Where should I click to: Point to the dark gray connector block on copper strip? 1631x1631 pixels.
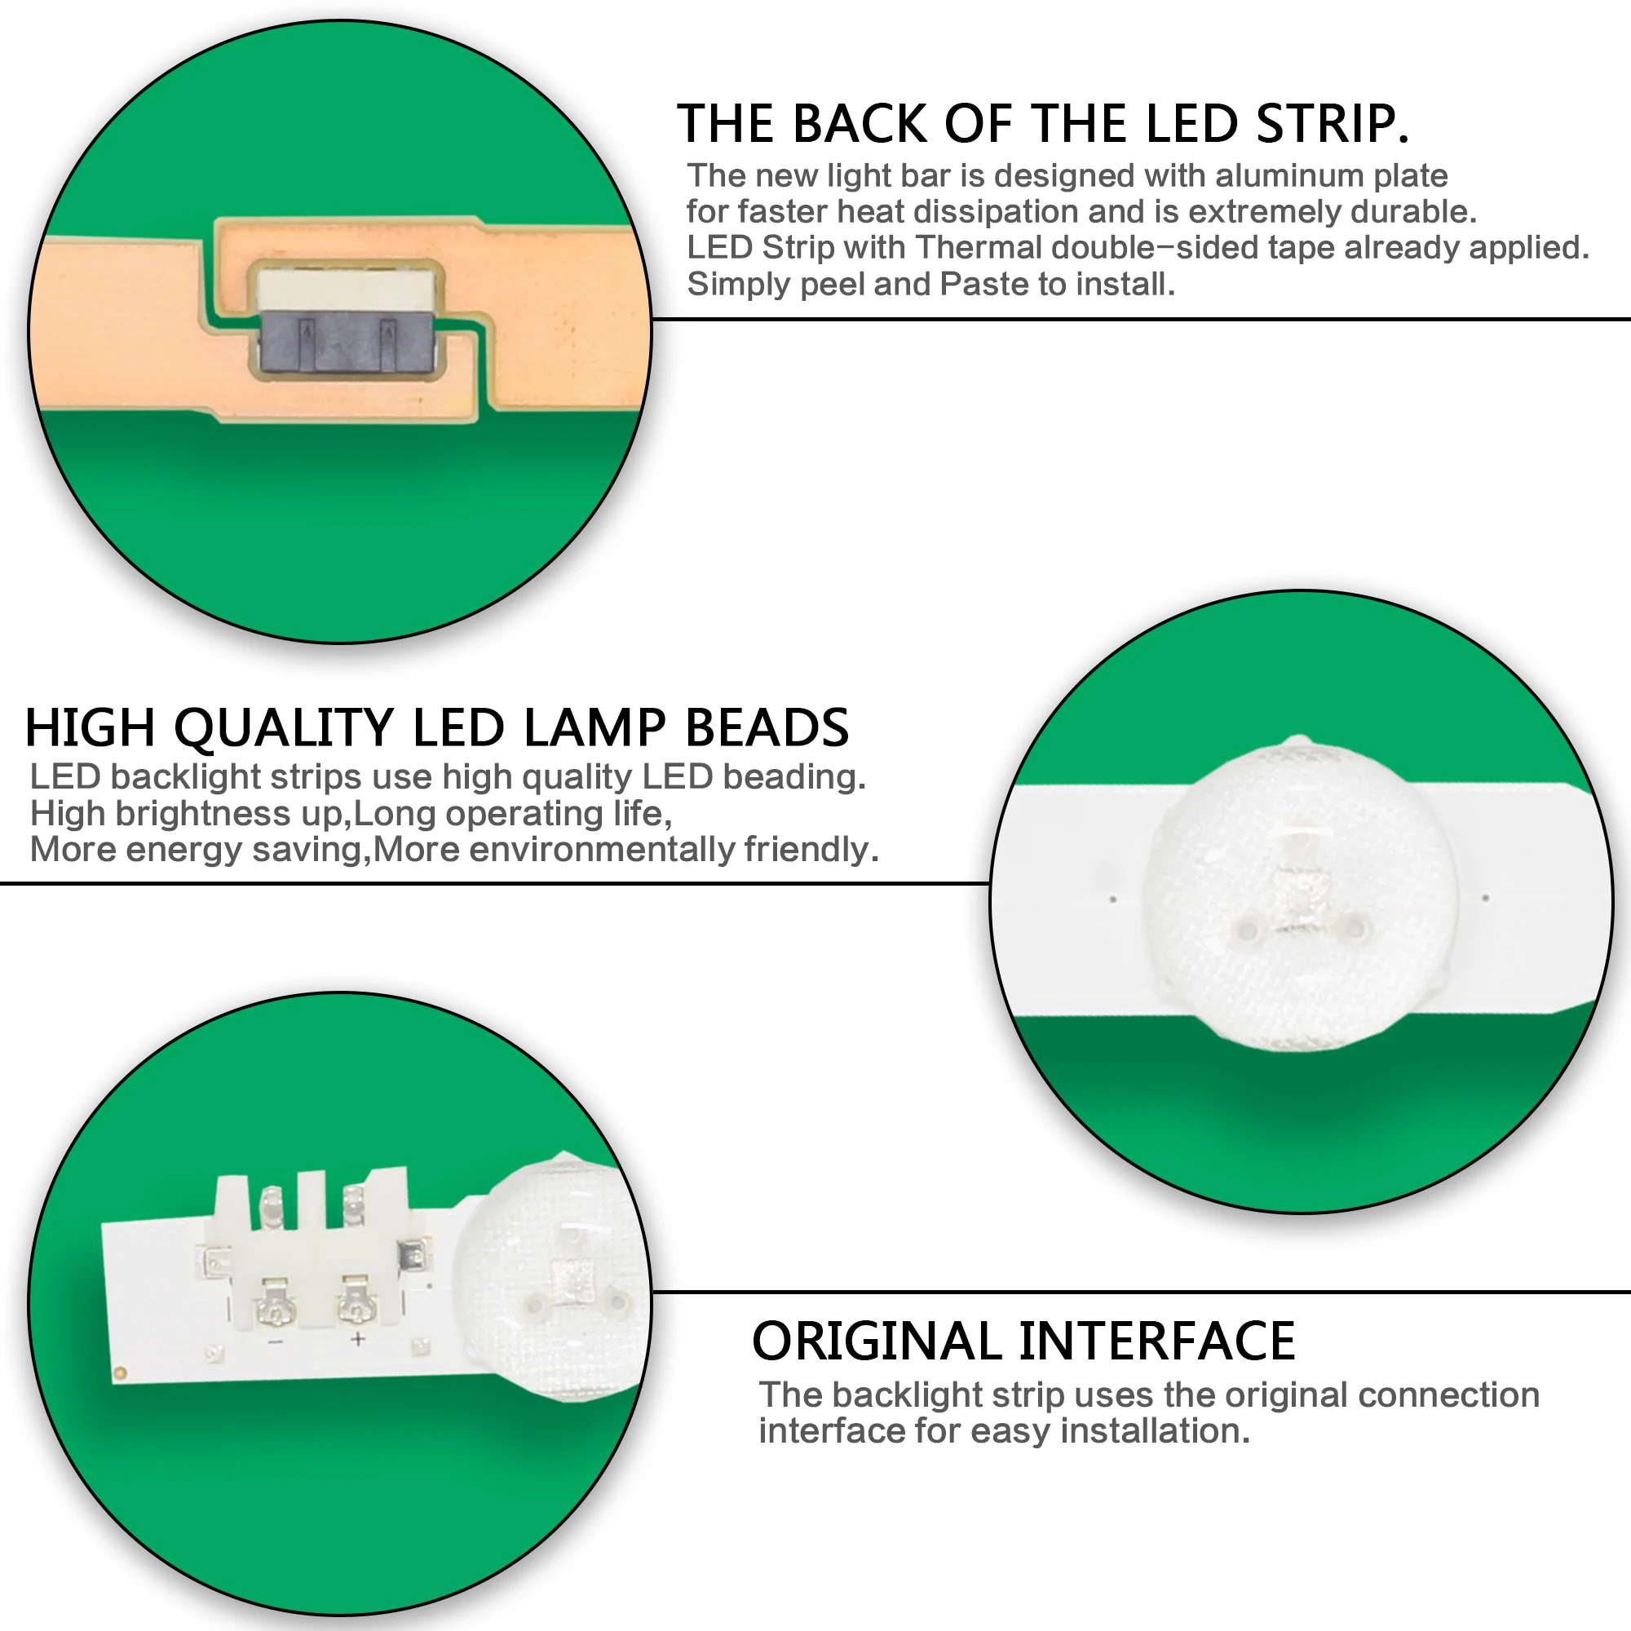coord(346,341)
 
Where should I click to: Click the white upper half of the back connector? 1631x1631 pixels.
coord(346,289)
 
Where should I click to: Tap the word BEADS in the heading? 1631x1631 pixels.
coord(766,727)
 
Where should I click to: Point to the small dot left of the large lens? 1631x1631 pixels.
coord(1112,899)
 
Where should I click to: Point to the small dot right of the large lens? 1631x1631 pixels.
coord(1485,897)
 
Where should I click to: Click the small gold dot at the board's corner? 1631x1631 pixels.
coord(120,1373)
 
